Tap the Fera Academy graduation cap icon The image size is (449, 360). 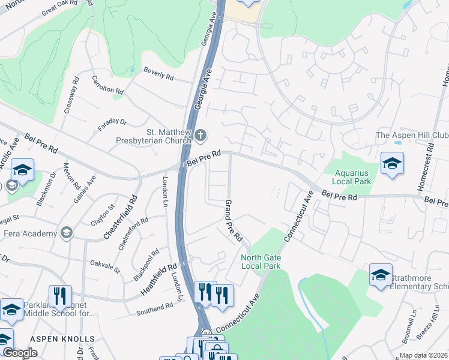(x=66, y=233)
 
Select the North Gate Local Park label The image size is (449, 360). (x=261, y=262)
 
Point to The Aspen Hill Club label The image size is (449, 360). (x=412, y=136)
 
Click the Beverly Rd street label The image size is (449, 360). (x=158, y=74)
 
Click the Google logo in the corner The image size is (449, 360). (x=20, y=353)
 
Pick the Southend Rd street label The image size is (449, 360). (x=154, y=310)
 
